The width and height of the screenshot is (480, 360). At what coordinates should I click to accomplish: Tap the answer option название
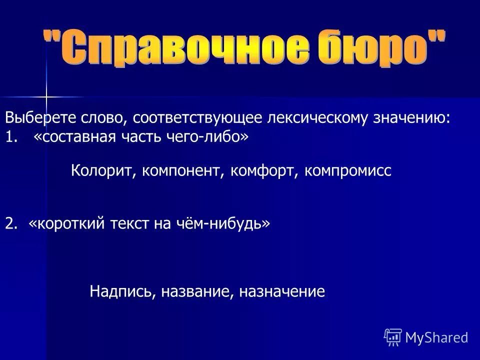click(196, 291)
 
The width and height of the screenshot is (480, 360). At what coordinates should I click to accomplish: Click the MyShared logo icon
click(392, 337)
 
